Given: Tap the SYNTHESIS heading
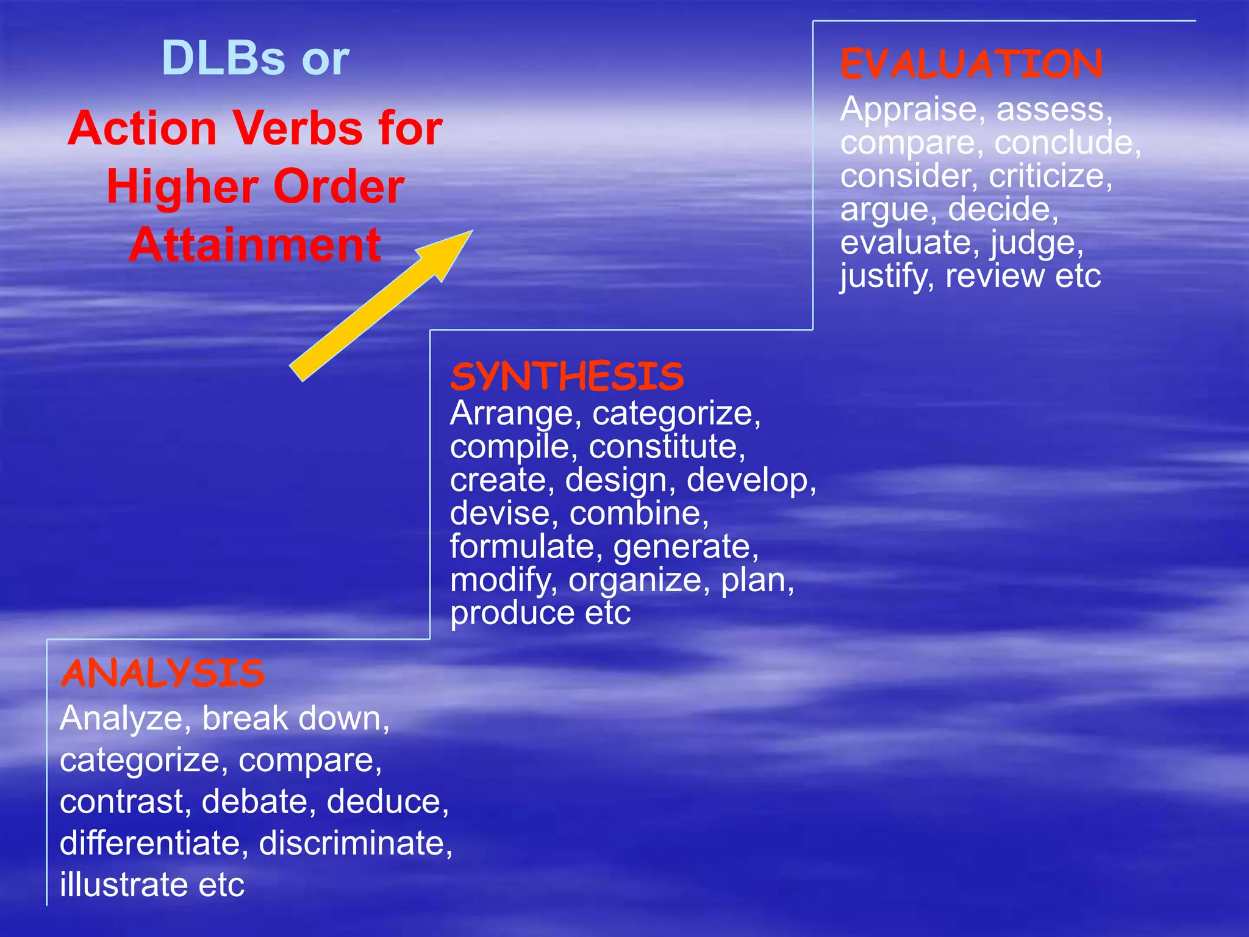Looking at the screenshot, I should (x=567, y=376).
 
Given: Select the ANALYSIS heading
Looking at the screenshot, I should (x=162, y=673).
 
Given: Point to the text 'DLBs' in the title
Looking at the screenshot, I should (x=223, y=59).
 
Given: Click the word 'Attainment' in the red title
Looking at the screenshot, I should (x=255, y=245).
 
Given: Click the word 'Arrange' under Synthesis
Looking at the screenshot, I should (x=511, y=414).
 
